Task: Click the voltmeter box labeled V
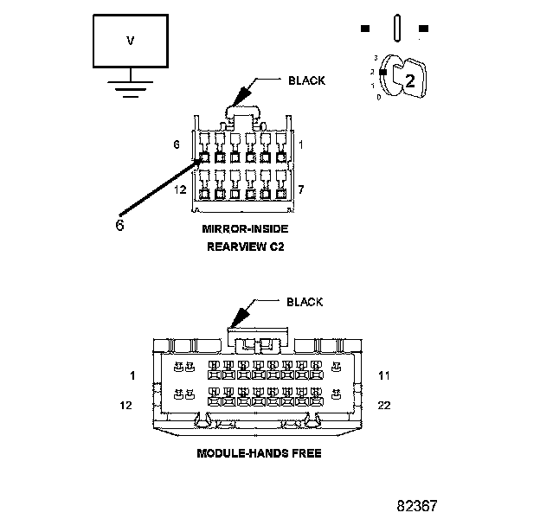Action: click(x=131, y=40)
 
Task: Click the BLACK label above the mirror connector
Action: click(x=306, y=80)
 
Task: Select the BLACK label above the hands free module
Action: click(x=304, y=302)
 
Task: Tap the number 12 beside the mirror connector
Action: click(x=179, y=189)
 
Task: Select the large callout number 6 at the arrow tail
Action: click(x=120, y=224)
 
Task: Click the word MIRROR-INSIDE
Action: click(x=245, y=229)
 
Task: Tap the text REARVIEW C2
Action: click(x=245, y=247)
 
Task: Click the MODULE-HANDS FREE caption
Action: click(x=259, y=453)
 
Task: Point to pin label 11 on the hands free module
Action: click(x=386, y=375)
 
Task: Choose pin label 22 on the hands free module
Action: click(x=386, y=404)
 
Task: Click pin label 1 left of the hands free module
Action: click(x=132, y=375)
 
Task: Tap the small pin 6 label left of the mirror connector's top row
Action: click(x=177, y=144)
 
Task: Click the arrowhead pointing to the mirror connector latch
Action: click(x=239, y=99)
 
